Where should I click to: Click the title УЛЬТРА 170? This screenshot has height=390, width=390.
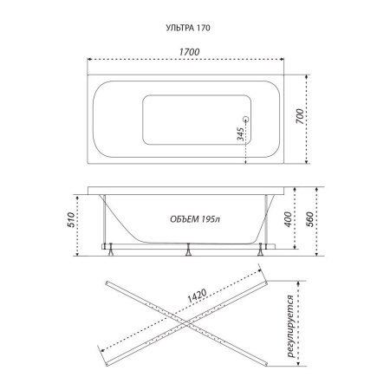click(188, 28)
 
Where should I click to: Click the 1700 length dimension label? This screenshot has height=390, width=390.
click(189, 52)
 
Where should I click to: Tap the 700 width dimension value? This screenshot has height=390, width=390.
click(300, 117)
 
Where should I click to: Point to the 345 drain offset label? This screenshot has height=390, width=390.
click(240, 134)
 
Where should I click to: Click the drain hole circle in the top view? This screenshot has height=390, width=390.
click(246, 119)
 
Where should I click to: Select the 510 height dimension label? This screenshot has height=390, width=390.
click(71, 220)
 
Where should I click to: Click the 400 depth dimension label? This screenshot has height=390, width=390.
click(288, 219)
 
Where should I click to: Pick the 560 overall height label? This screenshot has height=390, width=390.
click(309, 219)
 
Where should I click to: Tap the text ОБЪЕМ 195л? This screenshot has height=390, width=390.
click(195, 219)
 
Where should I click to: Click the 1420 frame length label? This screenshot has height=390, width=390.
click(198, 296)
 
